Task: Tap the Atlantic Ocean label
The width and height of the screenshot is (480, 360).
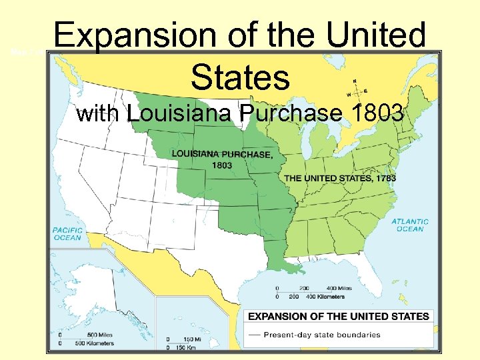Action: point(411,225)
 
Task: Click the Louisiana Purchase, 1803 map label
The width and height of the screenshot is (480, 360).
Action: point(222,159)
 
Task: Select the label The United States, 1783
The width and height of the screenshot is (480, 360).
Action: point(340,178)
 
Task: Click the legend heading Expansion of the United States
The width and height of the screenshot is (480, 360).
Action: point(339,315)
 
